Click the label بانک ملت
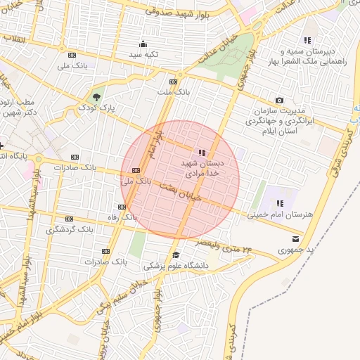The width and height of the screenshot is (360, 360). click(x=174, y=92)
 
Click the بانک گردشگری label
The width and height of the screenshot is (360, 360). click(x=70, y=229)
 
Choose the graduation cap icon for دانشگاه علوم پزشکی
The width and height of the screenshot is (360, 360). click(x=176, y=255)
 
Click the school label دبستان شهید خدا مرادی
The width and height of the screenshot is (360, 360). click(x=202, y=167)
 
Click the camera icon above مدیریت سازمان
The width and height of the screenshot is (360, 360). click(x=280, y=101)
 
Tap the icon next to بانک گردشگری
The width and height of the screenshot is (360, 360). click(x=69, y=219)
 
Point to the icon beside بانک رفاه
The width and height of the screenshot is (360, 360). click(x=122, y=207)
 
